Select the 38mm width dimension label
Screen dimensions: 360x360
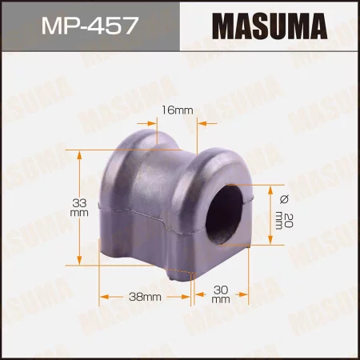146,298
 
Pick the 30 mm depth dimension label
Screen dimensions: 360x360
222,296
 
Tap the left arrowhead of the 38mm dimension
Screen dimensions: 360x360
103,297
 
